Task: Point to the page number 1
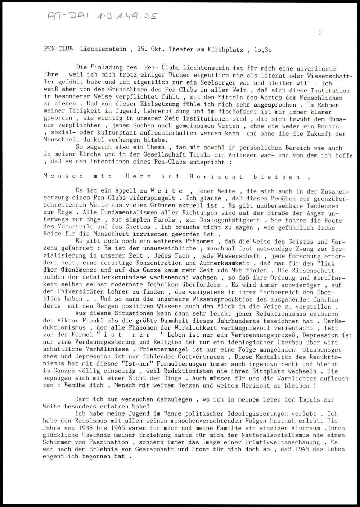tap(319, 32)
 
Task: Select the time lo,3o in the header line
tap(263, 49)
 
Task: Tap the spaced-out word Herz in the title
tap(139, 177)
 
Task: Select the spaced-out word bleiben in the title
tap(282, 177)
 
